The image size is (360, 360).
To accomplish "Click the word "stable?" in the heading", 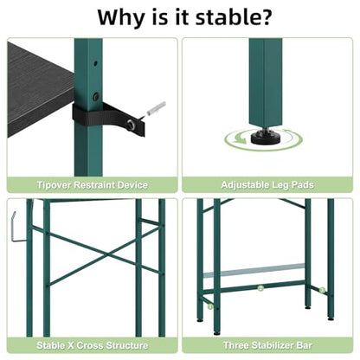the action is pyautogui.click(x=234, y=17).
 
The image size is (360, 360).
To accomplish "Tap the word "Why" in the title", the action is pyautogui.click(x=120, y=18).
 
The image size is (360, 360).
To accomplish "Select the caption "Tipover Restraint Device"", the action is pyautogui.click(x=93, y=184).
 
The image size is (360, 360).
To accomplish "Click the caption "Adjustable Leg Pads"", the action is pyautogui.click(x=267, y=184).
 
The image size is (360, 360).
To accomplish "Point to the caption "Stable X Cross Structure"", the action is pyautogui.click(x=93, y=345).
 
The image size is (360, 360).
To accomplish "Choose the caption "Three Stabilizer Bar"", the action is pyautogui.click(x=267, y=345).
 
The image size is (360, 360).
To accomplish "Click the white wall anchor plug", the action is pyautogui.click(x=156, y=108).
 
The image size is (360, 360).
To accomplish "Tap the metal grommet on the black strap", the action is pyautogui.click(x=132, y=125).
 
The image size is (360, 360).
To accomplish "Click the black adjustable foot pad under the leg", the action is pyautogui.click(x=266, y=138).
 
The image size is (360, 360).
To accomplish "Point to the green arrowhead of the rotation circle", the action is pyautogui.click(x=239, y=140).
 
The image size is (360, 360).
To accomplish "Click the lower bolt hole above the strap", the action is pyautogui.click(x=96, y=96).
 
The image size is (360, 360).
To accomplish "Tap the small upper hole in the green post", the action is pyautogui.click(x=95, y=63).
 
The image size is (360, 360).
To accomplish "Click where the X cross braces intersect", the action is pyautogui.click(x=107, y=254).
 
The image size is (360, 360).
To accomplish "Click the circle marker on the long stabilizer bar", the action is pyautogui.click(x=260, y=288).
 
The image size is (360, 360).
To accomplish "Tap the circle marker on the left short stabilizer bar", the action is pyautogui.click(x=210, y=306).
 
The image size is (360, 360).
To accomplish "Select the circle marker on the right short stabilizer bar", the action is pyautogui.click(x=322, y=290).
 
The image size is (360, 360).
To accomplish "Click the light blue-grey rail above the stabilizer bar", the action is pyautogui.click(x=254, y=271).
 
